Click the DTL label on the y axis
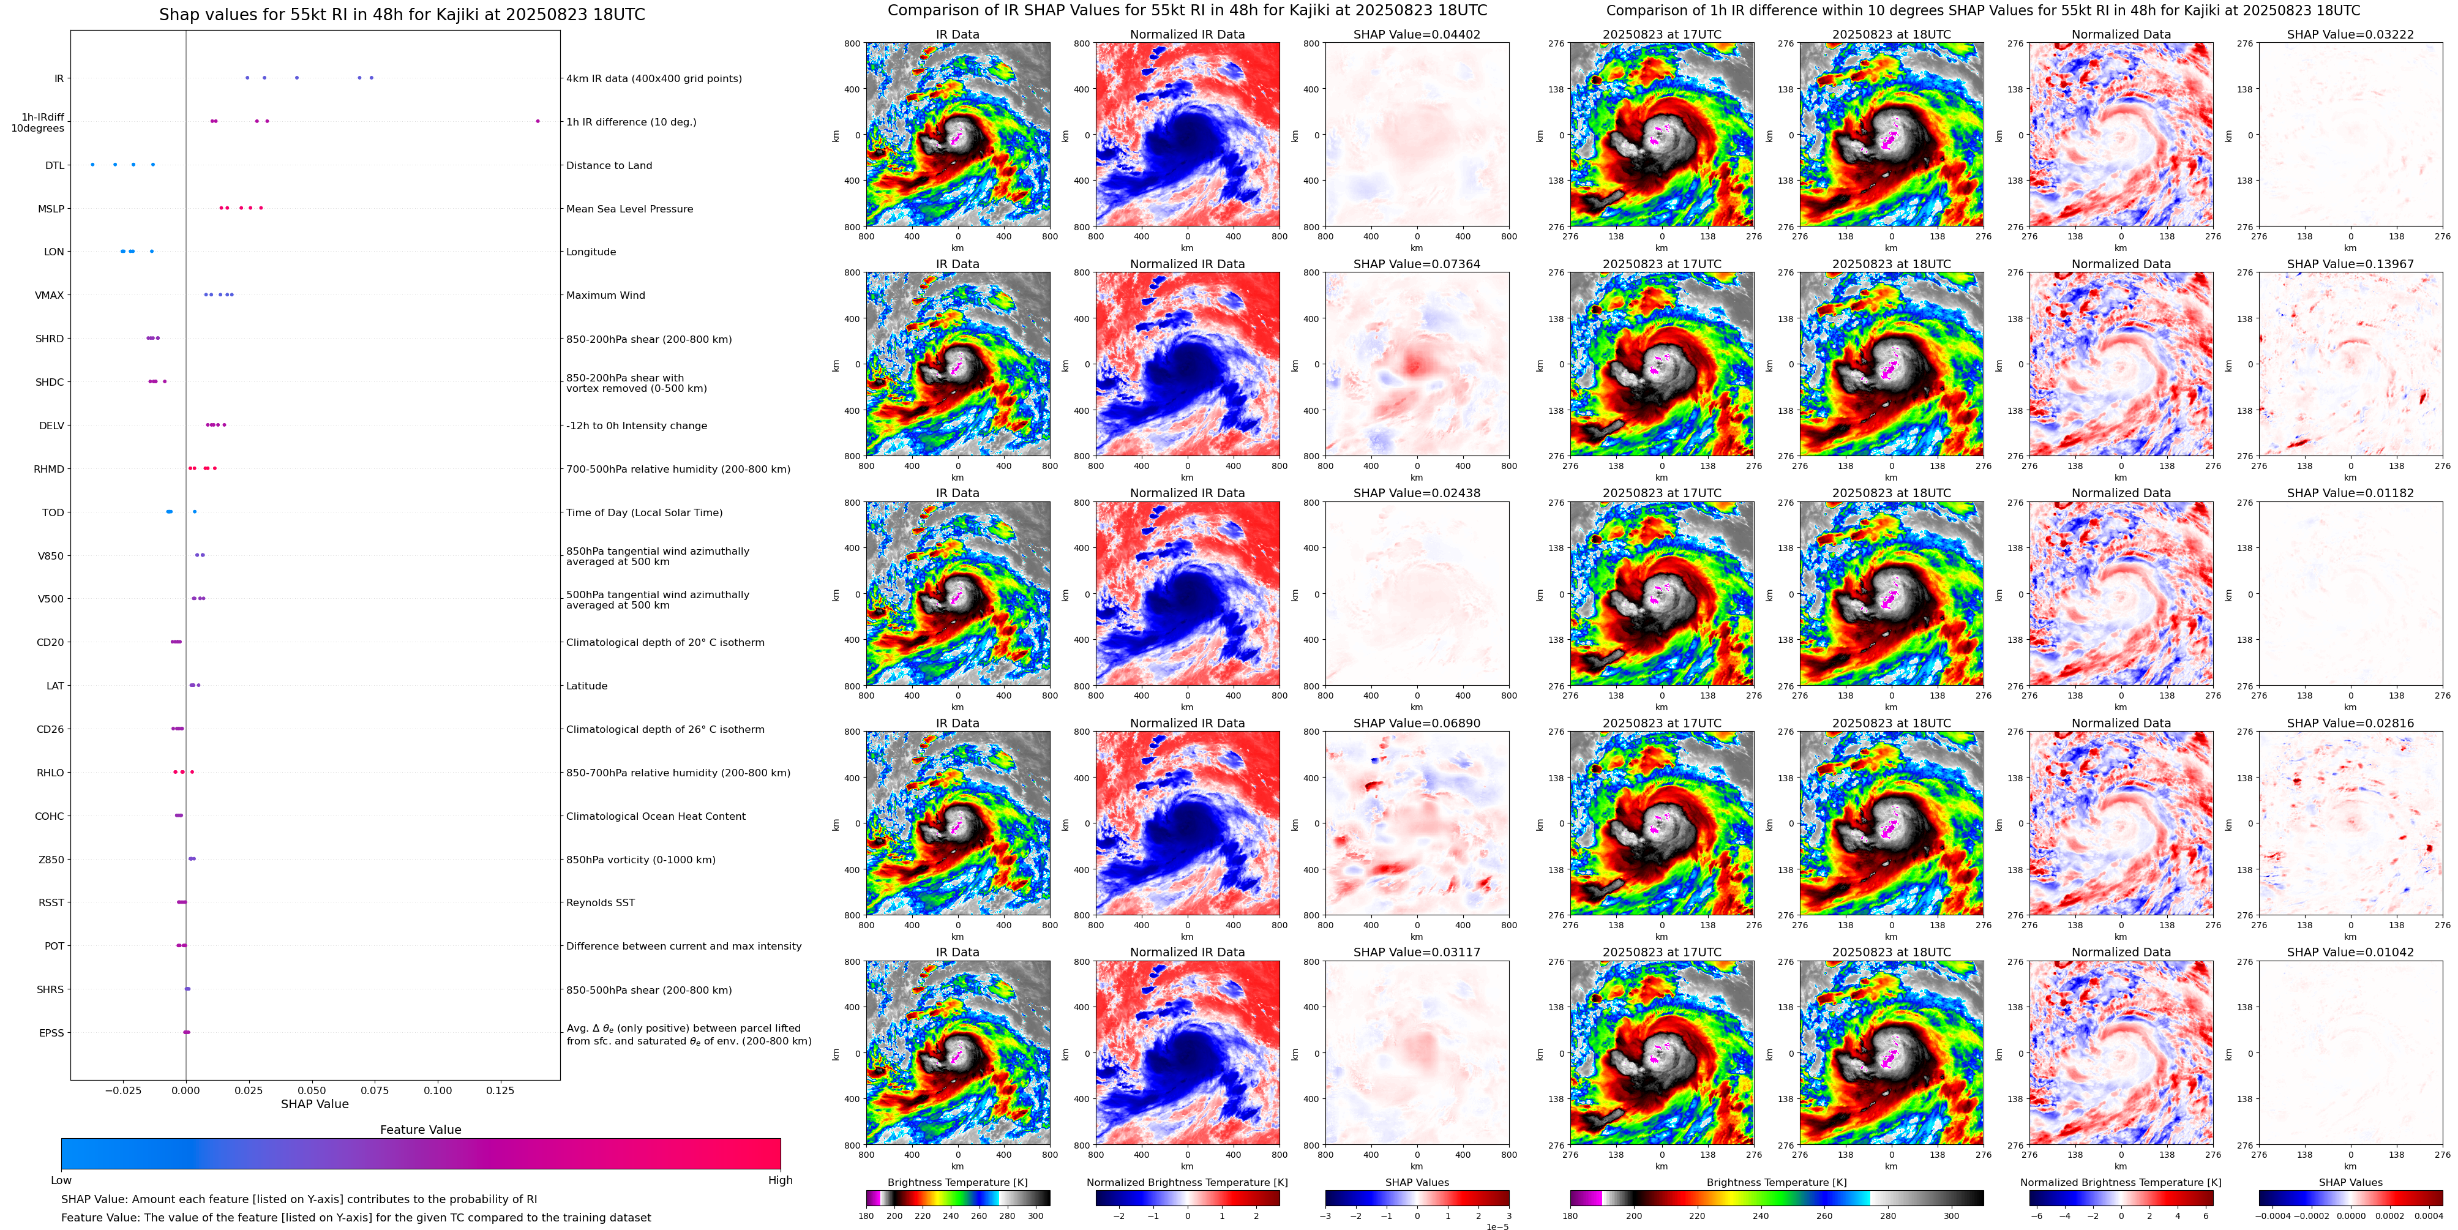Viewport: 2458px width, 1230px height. [x=54, y=165]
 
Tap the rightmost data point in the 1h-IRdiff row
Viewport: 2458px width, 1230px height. [x=538, y=121]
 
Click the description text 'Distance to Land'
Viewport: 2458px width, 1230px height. [x=609, y=165]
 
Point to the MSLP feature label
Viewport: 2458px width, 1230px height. [x=51, y=209]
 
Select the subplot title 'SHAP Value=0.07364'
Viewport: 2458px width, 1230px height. [x=1416, y=264]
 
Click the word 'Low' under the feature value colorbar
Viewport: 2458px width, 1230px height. [x=61, y=1180]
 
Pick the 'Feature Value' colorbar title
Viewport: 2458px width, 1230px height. [x=420, y=1130]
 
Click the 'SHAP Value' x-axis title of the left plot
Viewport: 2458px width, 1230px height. [x=315, y=1104]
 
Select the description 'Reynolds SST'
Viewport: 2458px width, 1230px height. [x=600, y=902]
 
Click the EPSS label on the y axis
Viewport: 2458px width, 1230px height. [x=51, y=1032]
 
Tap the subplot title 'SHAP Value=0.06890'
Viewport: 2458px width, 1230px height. [x=1416, y=723]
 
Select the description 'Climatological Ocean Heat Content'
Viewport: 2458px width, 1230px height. [x=656, y=816]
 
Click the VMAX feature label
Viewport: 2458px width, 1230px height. [x=50, y=295]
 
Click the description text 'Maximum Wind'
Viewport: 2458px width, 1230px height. [x=605, y=295]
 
